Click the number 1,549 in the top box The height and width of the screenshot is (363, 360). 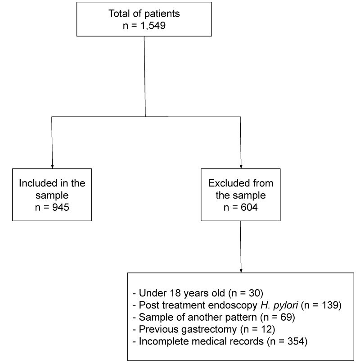pyautogui.click(x=153, y=26)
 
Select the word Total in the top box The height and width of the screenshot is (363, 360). pyautogui.click(x=120, y=14)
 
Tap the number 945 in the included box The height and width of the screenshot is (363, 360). pyautogui.click(x=61, y=207)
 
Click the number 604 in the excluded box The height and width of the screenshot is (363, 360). pyautogui.click(x=249, y=207)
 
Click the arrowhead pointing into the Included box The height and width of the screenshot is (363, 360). pyautogui.click(x=52, y=167)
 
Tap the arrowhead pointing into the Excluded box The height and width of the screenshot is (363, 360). pyautogui.click(x=241, y=167)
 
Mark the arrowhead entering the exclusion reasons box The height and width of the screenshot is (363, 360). pyautogui.click(x=241, y=271)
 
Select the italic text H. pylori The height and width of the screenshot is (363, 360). pyautogui.click(x=279, y=305)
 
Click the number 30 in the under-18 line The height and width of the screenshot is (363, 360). pyautogui.click(x=254, y=293)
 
